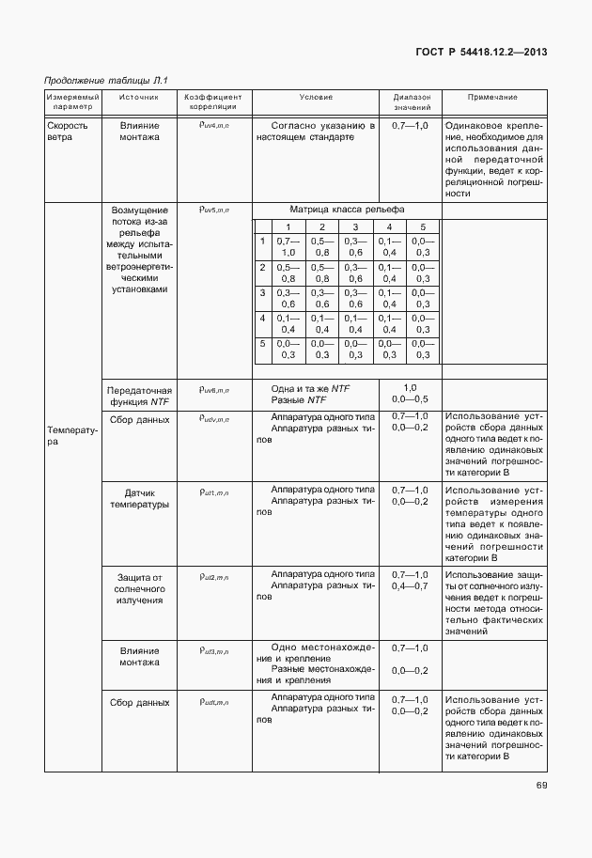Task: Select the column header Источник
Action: (139, 97)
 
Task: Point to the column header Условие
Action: (316, 97)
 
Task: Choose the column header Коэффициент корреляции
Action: (213, 101)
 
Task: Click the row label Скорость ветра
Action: (68, 131)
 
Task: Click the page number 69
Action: (541, 786)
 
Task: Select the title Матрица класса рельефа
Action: (347, 210)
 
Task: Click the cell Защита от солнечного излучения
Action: (139, 587)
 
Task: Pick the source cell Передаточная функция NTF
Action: (139, 395)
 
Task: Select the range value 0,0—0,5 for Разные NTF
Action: (410, 400)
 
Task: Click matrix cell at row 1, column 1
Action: (288, 247)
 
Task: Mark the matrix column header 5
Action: (423, 227)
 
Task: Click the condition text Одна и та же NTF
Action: (310, 388)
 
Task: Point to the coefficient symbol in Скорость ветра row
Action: (213, 124)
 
